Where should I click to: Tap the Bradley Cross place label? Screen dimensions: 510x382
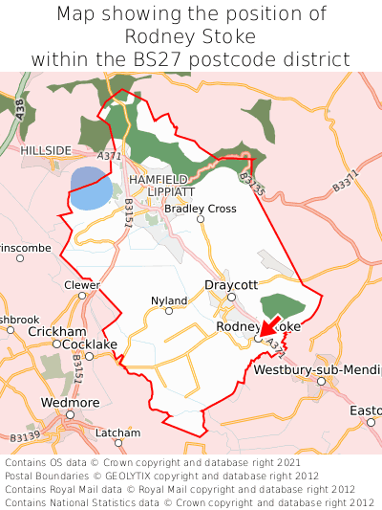pyautogui.click(x=201, y=209)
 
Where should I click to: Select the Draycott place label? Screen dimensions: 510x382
pyautogui.click(x=231, y=285)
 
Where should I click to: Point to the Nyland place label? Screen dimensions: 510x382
pyautogui.click(x=169, y=300)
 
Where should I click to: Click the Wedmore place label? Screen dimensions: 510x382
pyautogui.click(x=70, y=403)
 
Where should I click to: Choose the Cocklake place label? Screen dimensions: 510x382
pyautogui.click(x=91, y=344)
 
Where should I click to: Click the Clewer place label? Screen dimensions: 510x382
pyautogui.click(x=81, y=285)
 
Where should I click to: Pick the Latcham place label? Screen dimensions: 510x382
pyautogui.click(x=118, y=432)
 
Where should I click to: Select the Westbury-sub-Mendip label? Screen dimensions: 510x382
pyautogui.click(x=317, y=369)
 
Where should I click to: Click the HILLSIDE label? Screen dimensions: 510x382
pyautogui.click(x=46, y=151)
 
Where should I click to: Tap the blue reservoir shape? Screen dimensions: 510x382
pyautogui.click(x=90, y=189)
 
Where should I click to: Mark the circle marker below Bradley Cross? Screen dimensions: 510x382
pyautogui.click(x=201, y=219)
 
